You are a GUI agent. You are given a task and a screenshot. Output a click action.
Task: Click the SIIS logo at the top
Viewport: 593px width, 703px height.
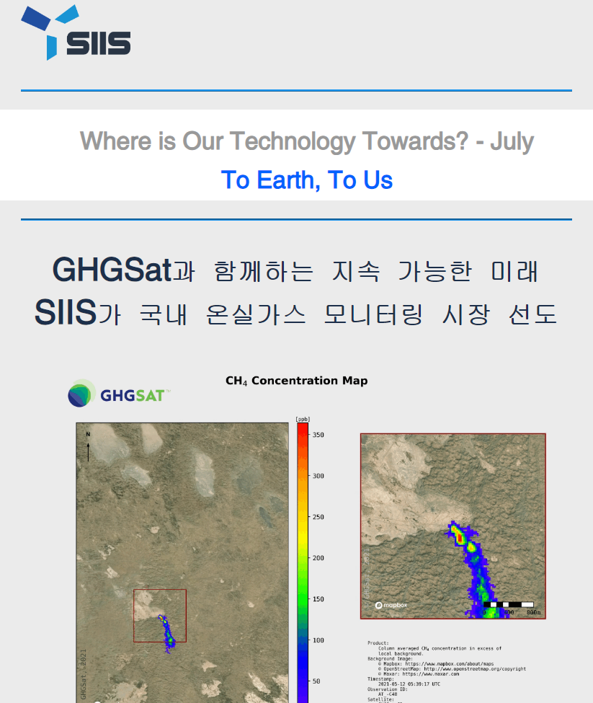76,34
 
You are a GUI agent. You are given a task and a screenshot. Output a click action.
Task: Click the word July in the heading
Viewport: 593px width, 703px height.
512,141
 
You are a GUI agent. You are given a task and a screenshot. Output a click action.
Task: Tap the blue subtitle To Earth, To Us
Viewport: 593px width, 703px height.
307,180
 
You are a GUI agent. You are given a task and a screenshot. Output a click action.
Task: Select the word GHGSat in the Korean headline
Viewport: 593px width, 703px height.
112,270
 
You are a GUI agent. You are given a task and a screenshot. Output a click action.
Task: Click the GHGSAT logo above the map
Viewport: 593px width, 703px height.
119,394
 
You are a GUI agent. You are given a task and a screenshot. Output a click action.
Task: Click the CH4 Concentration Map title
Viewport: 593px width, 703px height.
296,381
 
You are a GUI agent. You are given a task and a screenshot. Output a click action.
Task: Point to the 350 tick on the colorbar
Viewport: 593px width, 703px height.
318,435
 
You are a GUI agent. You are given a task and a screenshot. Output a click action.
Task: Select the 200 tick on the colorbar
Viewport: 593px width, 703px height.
318,558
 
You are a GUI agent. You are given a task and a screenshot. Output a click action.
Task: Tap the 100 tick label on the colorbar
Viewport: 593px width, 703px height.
318,640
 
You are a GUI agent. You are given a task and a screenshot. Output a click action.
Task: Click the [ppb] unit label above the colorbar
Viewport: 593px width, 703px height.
302,418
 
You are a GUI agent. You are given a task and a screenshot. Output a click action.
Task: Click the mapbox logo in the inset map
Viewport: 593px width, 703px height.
391,605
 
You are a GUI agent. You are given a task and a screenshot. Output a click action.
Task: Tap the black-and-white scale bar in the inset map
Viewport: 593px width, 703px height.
508,603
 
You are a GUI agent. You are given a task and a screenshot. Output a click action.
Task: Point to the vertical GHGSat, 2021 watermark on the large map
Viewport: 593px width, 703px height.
83,674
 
